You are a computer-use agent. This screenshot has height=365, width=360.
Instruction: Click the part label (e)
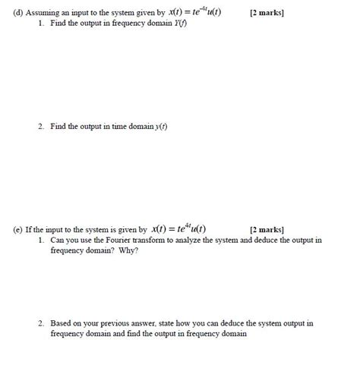[x=9, y=228]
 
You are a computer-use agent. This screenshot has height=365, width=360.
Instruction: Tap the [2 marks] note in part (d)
[x=267, y=15]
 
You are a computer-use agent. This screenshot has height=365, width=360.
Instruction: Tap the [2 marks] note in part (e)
[x=267, y=228]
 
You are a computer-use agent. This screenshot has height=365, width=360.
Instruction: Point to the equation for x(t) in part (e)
[x=179, y=228]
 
